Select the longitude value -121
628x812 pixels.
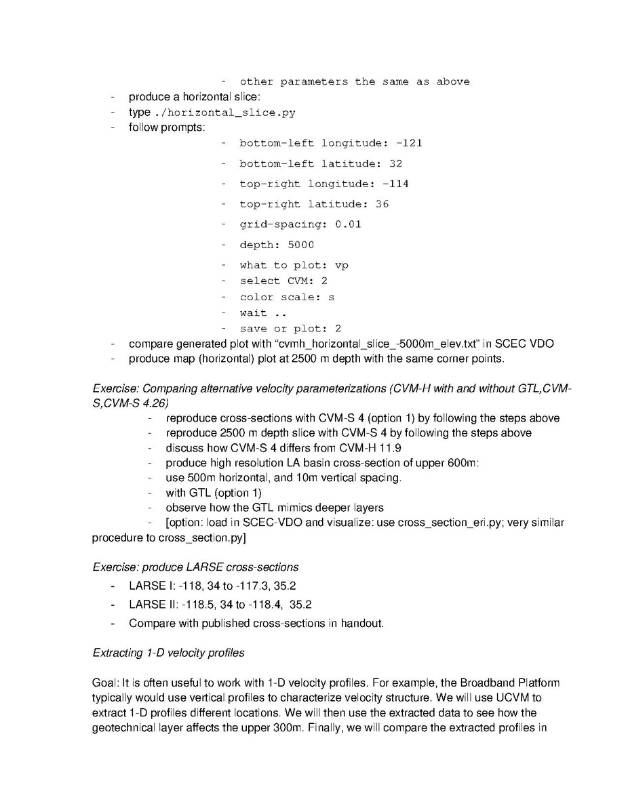[409, 143]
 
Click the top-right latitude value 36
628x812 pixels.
[382, 204]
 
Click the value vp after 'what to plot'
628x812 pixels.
[341, 265]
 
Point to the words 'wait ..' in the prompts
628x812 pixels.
[263, 313]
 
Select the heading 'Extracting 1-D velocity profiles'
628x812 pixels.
[168, 653]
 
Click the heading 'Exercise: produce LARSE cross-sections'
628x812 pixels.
[195, 567]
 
